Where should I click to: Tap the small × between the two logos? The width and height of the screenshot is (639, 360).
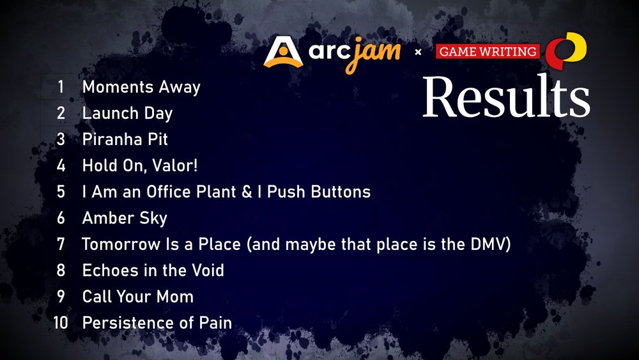point(418,52)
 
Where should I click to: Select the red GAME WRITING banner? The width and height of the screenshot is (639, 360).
point(488,51)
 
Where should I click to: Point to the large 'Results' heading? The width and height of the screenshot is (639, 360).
point(505,97)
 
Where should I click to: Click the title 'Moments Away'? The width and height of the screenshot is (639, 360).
point(141,87)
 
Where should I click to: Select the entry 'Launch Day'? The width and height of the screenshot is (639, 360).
point(127,113)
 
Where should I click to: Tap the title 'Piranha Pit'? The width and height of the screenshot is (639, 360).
point(125,139)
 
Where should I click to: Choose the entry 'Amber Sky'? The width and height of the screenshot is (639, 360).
point(125,217)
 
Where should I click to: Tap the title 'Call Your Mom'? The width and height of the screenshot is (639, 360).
point(137,297)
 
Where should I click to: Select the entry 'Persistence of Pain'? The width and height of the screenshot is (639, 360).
point(157,322)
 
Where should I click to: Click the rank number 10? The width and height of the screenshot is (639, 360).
point(61,323)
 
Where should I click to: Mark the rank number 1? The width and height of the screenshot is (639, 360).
point(61,87)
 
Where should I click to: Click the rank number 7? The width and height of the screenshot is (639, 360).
point(61,244)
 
